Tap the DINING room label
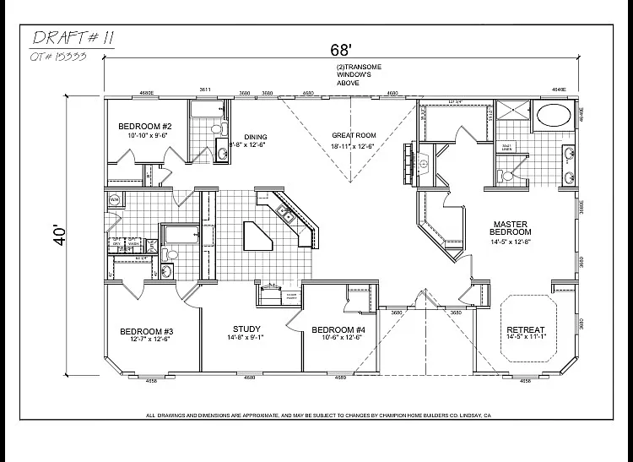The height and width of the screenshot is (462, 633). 255,137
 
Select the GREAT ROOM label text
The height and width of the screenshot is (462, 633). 354,135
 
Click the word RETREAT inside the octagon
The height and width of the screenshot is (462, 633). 525,329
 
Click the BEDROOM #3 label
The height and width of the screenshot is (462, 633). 146,330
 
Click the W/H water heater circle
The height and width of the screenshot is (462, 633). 116,200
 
